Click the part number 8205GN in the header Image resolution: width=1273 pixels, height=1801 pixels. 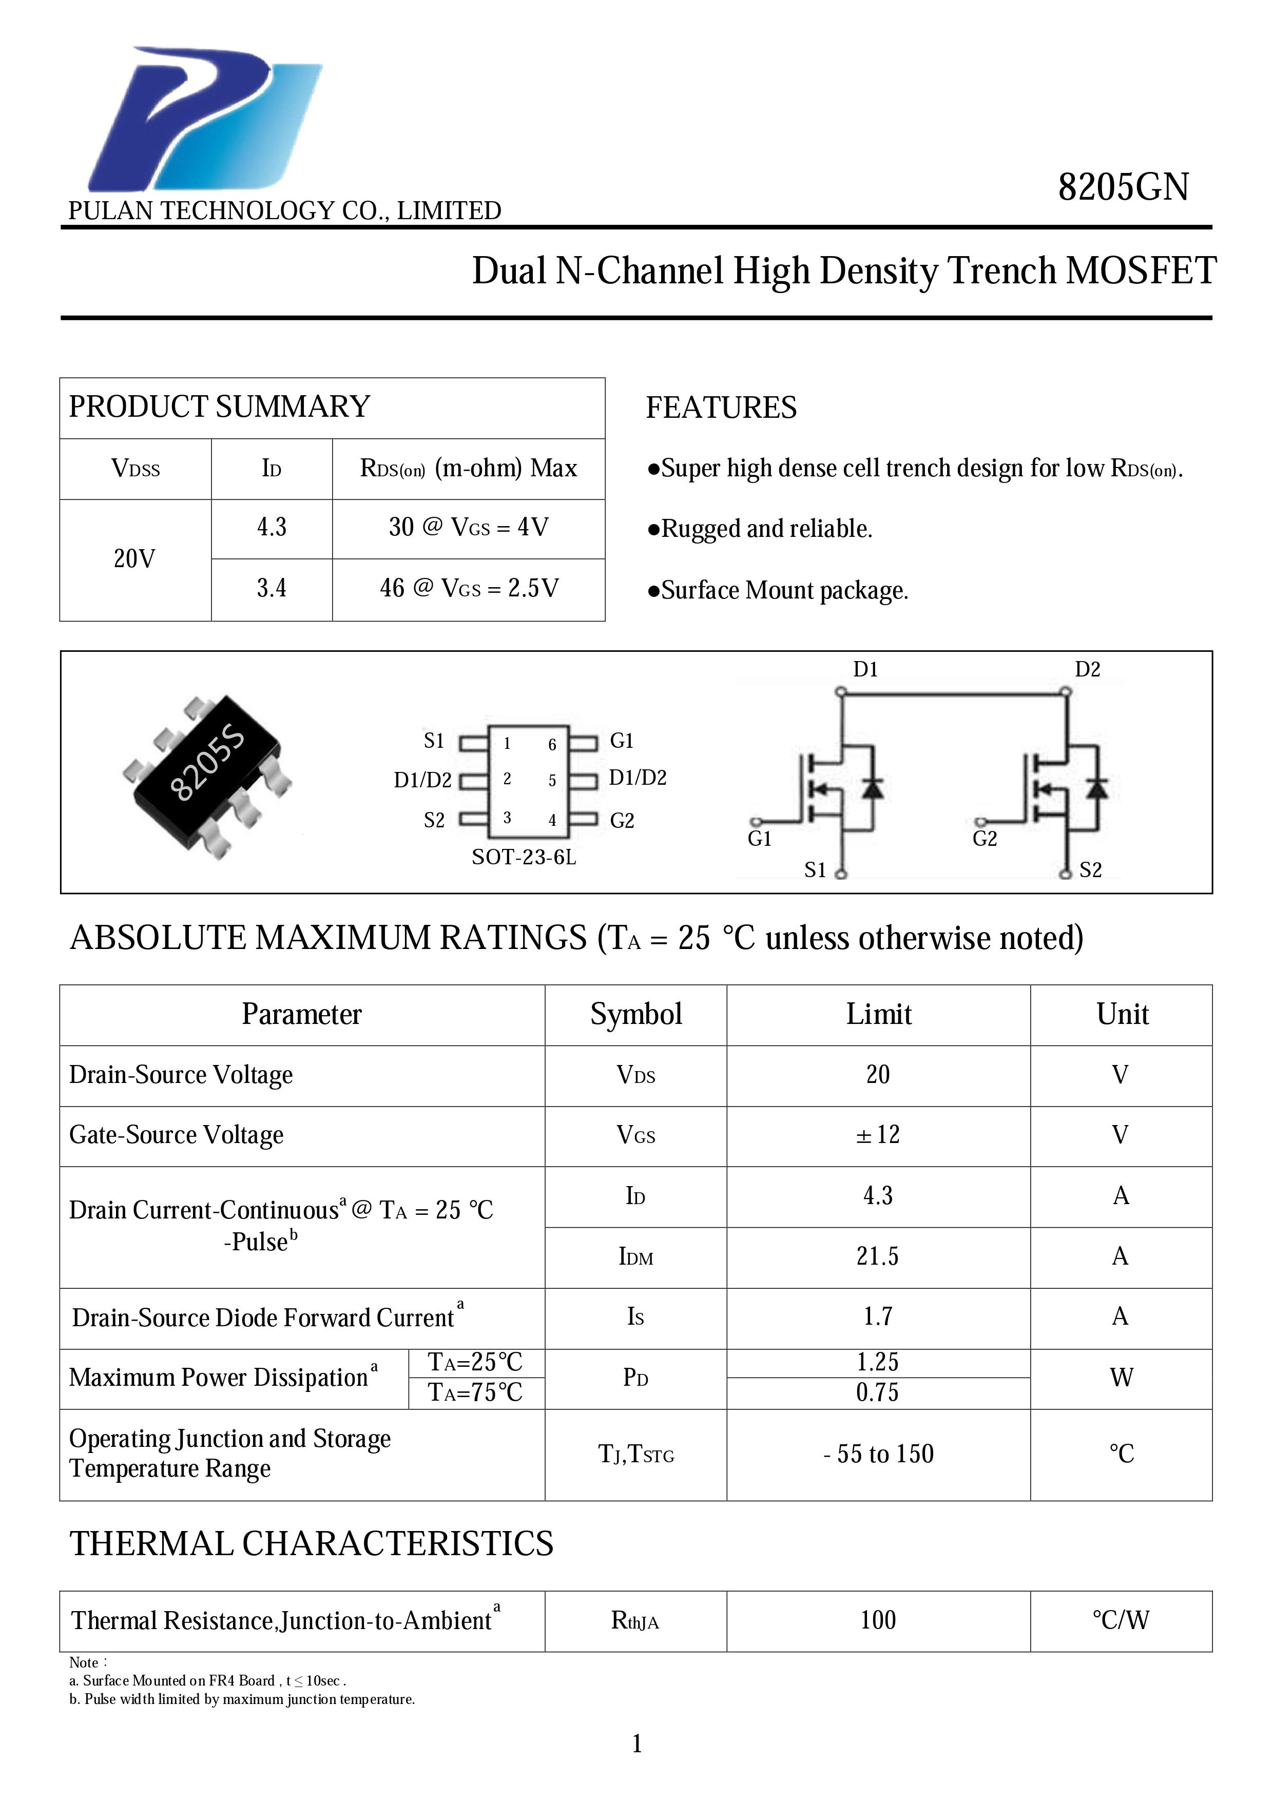tap(1123, 187)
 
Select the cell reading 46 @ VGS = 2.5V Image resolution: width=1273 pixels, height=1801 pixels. tap(468, 588)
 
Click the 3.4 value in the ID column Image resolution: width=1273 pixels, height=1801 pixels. tap(272, 588)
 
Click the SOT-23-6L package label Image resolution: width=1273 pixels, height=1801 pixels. tap(523, 857)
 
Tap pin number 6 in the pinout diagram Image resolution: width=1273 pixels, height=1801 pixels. tap(552, 744)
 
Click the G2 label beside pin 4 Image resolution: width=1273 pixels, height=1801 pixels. tap(622, 821)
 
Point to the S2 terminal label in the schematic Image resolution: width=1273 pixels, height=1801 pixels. tap(1090, 870)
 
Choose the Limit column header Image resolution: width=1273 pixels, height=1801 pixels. tap(878, 1014)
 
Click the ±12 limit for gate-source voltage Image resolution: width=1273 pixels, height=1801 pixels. tap(878, 1135)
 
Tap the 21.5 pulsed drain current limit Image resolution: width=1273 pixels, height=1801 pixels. tap(878, 1256)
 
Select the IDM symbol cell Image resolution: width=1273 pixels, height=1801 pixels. tap(635, 1256)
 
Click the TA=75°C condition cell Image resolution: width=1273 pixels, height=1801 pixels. tap(475, 1392)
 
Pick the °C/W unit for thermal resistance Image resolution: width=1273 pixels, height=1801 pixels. tap(1121, 1620)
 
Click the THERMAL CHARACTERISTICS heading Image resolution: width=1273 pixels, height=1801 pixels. tap(312, 1543)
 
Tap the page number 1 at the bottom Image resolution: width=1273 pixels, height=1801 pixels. tap(637, 1743)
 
